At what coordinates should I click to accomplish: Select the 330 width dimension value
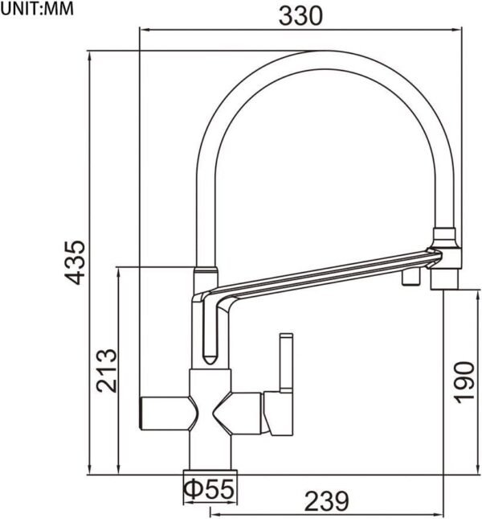point(300,14)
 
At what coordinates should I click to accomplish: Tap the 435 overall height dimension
point(76,262)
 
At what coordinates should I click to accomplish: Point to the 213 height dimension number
point(107,369)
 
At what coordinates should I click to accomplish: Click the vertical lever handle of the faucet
point(284,366)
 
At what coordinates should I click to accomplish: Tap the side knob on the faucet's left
point(165,410)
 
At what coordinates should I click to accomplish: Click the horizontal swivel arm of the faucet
point(321,274)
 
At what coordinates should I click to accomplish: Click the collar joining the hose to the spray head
point(444,239)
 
